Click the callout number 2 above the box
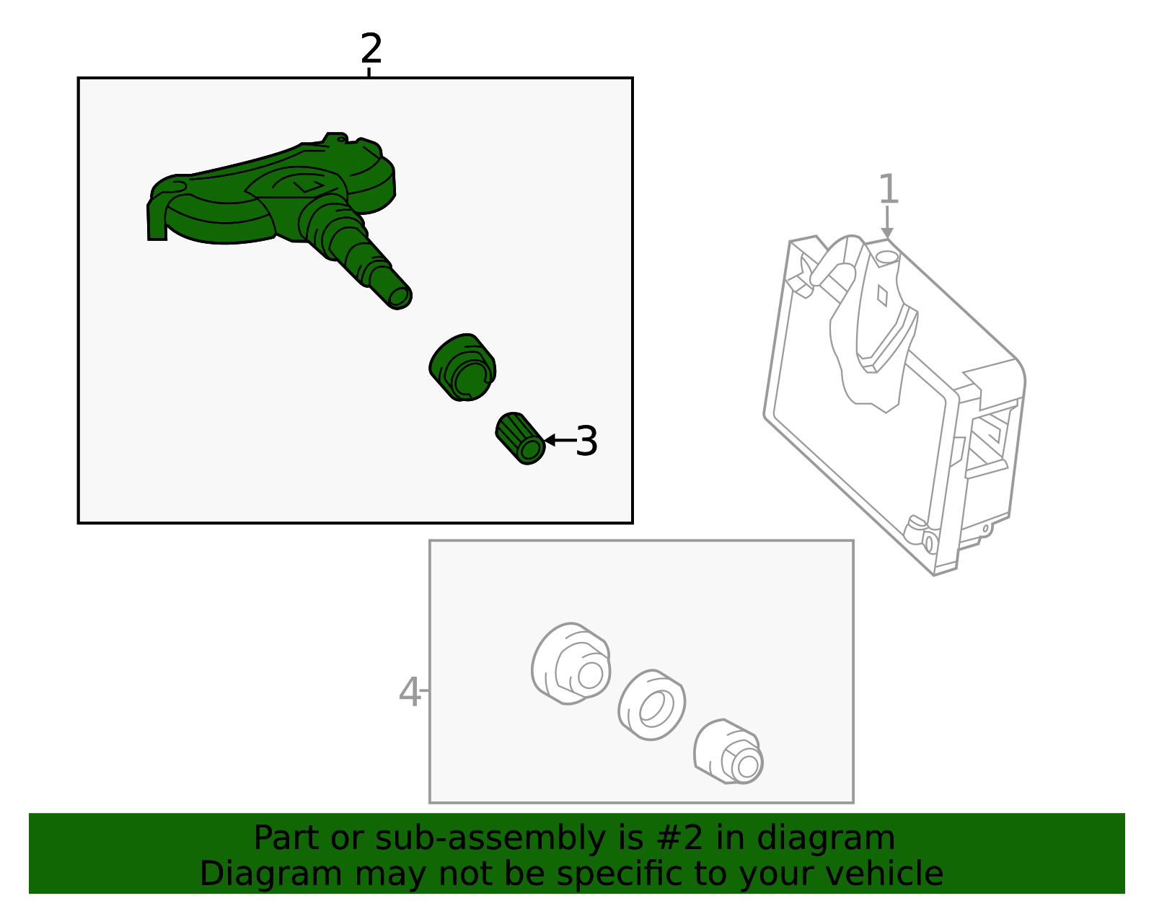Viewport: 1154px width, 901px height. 371,48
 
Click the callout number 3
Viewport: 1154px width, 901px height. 586,441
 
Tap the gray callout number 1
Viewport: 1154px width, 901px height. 889,189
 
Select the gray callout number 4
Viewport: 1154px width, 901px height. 410,692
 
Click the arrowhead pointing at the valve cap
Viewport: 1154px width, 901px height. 550,440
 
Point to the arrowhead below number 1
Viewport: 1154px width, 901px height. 887,233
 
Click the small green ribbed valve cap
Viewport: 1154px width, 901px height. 520,439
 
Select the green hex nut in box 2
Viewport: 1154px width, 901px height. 462,367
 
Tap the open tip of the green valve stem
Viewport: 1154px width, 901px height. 400,298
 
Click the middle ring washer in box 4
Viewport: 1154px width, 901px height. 651,705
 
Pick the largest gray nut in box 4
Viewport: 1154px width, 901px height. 571,664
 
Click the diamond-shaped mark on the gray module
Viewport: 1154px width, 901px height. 881,296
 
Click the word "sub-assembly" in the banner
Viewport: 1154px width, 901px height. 490,838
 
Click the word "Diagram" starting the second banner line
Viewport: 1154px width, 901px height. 271,874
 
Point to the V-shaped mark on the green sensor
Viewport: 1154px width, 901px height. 309,186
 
